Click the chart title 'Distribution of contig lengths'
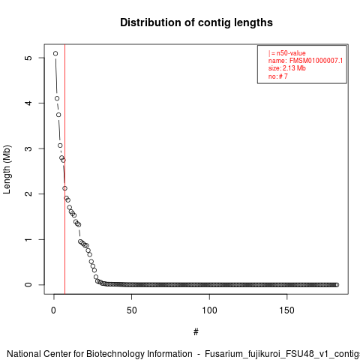[x=196, y=22]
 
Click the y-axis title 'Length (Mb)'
[x=7, y=169]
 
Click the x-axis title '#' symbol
[x=196, y=332]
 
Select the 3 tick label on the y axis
[x=29, y=148]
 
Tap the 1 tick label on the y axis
[x=29, y=239]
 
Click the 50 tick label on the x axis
[x=131, y=310]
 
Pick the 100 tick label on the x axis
[x=209, y=310]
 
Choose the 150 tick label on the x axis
[x=286, y=310]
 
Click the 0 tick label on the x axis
[x=53, y=310]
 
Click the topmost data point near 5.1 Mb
[x=55, y=53]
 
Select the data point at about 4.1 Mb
[x=57, y=98]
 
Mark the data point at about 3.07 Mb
[x=60, y=145]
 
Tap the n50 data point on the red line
[x=64, y=188]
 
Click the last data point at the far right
[x=337, y=285]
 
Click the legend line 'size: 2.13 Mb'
[x=287, y=68]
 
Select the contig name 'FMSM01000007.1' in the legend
[x=316, y=61]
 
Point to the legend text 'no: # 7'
[x=278, y=76]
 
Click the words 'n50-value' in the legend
[x=291, y=53]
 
